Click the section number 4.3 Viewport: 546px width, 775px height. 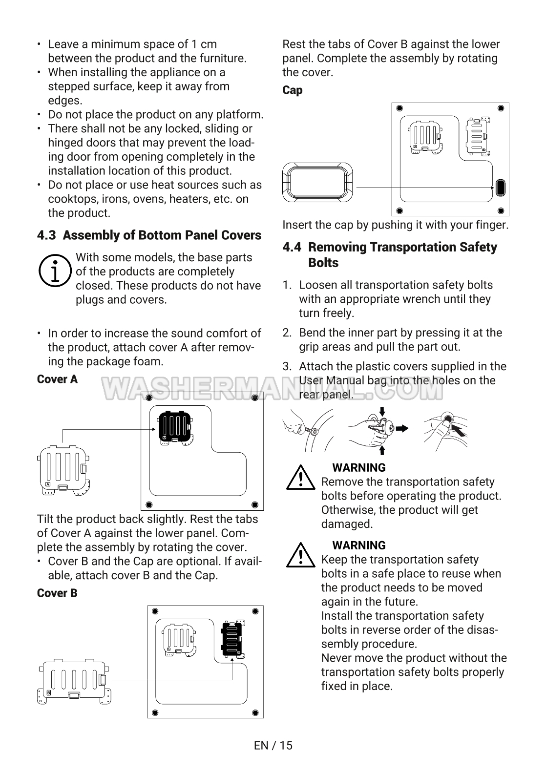click(46, 235)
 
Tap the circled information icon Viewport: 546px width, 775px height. click(55, 271)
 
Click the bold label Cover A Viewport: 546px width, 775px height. click(57, 379)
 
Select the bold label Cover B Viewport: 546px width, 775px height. click(57, 593)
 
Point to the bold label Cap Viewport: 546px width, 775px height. click(293, 90)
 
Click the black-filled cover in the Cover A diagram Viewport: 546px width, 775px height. click(175, 428)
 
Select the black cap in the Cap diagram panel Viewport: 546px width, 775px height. click(500, 188)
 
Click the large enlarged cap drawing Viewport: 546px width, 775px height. click(317, 182)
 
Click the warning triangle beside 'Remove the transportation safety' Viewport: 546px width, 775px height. click(301, 478)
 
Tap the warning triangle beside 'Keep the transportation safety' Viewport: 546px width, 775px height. click(301, 555)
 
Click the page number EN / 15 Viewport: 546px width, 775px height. click(273, 745)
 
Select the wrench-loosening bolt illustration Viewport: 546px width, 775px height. click(308, 430)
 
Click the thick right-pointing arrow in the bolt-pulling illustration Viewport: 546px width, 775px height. click(402, 429)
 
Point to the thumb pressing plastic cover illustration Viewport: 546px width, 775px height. click(446, 431)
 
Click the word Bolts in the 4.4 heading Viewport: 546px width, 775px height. click(323, 263)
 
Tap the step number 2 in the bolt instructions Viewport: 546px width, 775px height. click(287, 333)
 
